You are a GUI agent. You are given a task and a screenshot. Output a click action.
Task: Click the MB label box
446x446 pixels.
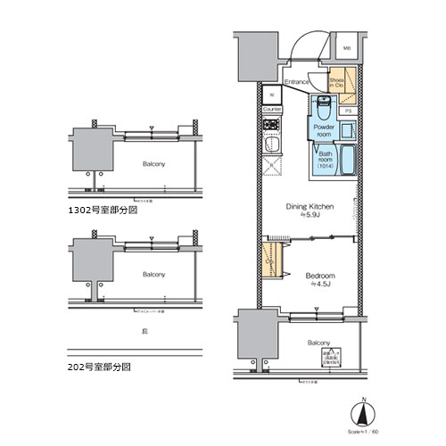[x=347, y=50]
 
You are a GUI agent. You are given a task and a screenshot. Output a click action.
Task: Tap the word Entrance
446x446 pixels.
[x=297, y=82]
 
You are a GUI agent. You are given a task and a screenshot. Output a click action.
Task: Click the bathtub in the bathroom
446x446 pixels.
[x=346, y=162]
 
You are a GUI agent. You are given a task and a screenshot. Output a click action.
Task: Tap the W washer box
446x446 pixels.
[x=271, y=93]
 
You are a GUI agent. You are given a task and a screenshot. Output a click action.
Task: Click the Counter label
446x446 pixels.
[x=272, y=110]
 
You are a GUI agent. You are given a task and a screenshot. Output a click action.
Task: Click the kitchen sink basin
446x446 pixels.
[x=273, y=145]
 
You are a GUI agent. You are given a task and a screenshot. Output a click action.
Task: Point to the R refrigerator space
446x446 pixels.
[x=271, y=165]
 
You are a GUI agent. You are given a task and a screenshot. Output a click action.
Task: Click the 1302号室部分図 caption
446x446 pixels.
[x=106, y=213]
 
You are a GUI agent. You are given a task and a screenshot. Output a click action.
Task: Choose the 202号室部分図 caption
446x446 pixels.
[x=103, y=367]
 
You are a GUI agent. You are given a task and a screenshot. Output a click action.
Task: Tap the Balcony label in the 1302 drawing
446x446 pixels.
[x=154, y=165]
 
